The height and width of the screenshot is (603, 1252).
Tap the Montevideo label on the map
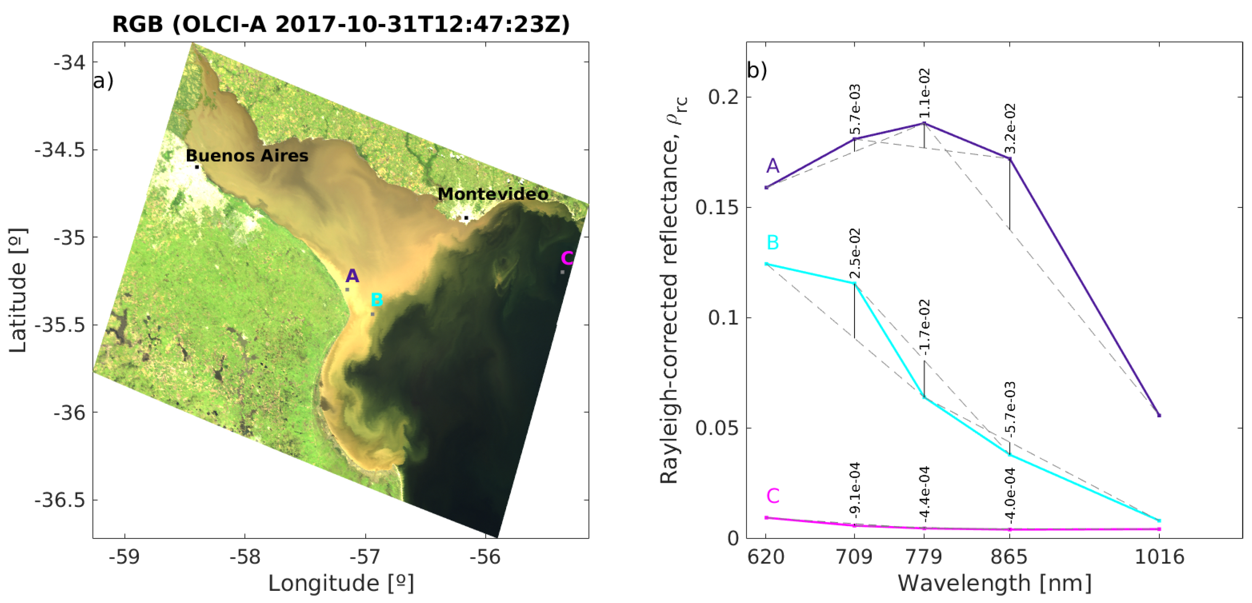pyautogui.click(x=493, y=194)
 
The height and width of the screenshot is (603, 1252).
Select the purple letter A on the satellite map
pyautogui.click(x=352, y=276)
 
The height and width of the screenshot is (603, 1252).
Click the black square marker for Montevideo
pyautogui.click(x=466, y=218)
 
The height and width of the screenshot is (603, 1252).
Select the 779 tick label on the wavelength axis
pyautogui.click(x=924, y=557)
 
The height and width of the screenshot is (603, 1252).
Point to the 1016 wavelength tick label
pyautogui.click(x=1159, y=557)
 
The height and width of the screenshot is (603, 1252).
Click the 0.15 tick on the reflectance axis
pyautogui.click(x=717, y=208)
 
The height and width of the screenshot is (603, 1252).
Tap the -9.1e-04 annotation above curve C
pyautogui.click(x=855, y=488)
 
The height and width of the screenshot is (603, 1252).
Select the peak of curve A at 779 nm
pyautogui.click(x=924, y=123)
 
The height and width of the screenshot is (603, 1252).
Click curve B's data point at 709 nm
pyautogui.click(x=854, y=283)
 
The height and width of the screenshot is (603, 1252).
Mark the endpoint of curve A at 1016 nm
pyautogui.click(x=1159, y=416)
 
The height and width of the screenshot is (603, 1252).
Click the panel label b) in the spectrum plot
pyautogui.click(x=757, y=70)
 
